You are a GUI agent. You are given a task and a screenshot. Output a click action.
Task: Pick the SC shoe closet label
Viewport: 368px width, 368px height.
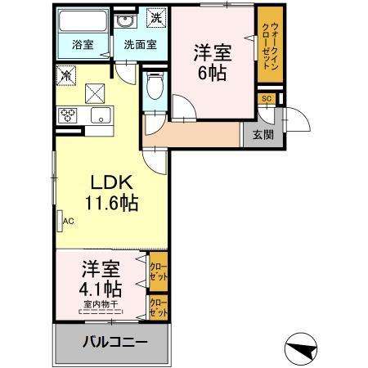pyautogui.click(x=266, y=99)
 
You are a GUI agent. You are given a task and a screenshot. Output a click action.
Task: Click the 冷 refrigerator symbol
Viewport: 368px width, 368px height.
pyautogui.click(x=66, y=74)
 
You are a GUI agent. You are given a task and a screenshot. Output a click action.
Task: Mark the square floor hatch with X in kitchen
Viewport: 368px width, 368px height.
pyautogui.click(x=97, y=92)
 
